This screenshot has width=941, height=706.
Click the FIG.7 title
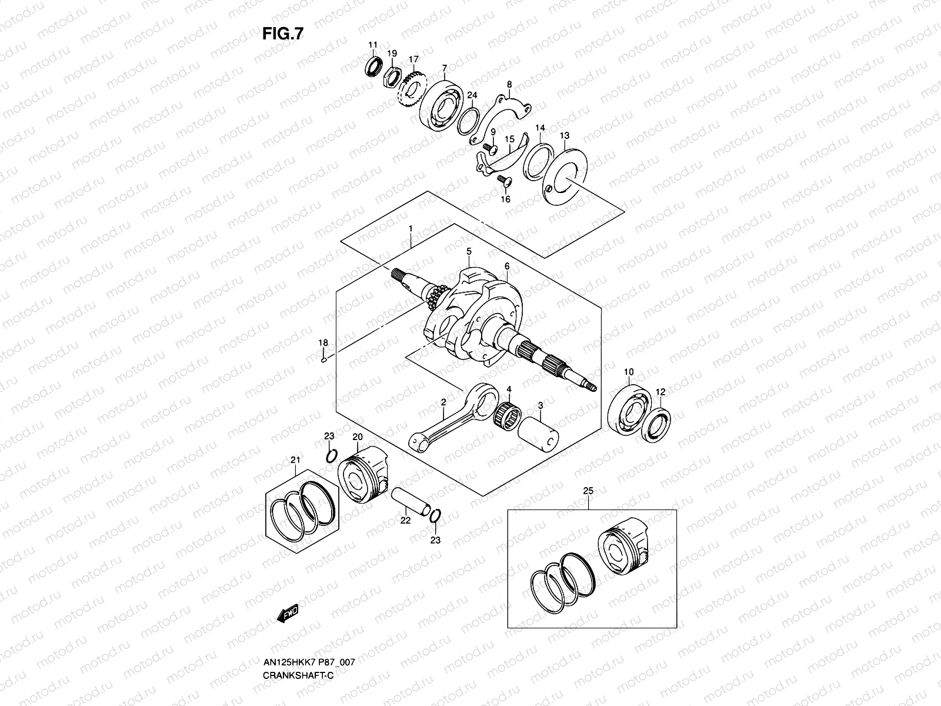point(283,34)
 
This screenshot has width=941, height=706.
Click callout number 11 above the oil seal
point(372,45)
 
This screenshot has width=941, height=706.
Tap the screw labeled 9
point(488,146)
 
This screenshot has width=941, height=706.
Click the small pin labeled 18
point(323,361)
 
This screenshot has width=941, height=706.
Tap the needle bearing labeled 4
point(509,411)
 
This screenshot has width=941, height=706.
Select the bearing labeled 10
point(629,407)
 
